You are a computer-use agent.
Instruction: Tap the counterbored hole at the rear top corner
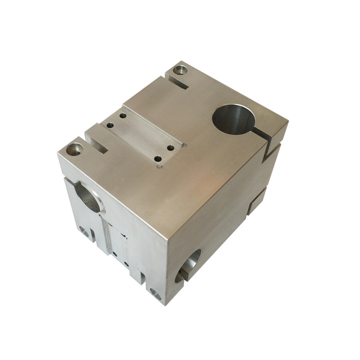(180, 70)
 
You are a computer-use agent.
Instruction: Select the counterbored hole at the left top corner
(74, 149)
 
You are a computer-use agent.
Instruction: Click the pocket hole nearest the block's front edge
(157, 159)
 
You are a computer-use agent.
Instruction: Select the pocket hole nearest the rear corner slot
(123, 116)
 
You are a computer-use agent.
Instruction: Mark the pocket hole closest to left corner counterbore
(110, 125)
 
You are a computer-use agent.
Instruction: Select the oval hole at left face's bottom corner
(155, 294)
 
